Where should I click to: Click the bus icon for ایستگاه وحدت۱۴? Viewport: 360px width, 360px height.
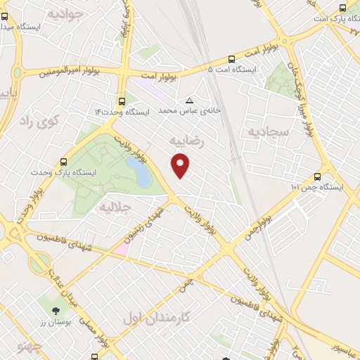[123, 101]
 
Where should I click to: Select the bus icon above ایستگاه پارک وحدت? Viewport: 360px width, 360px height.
[64, 161]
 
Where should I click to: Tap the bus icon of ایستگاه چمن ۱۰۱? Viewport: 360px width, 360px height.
[317, 177]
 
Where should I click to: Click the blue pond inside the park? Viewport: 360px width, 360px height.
[139, 172]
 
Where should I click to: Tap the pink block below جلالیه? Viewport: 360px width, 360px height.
[121, 249]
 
